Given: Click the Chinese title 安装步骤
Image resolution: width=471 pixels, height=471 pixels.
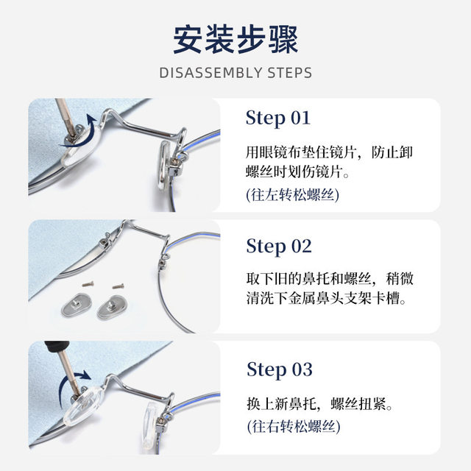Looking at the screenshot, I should [235, 38].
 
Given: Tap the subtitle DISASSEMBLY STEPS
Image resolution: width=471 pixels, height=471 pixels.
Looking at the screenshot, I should [235, 73].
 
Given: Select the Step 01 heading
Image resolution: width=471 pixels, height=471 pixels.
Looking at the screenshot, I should [278, 118].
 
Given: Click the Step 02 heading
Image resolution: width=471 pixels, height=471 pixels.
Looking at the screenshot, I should [279, 246].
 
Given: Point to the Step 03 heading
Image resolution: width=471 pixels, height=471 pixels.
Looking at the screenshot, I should [279, 369].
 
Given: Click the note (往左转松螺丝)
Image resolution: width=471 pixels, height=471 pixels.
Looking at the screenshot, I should [292, 195].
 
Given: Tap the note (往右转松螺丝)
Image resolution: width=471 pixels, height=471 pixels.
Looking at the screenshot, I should [292, 426].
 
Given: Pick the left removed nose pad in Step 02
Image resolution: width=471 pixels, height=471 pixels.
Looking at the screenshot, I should [77, 304].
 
